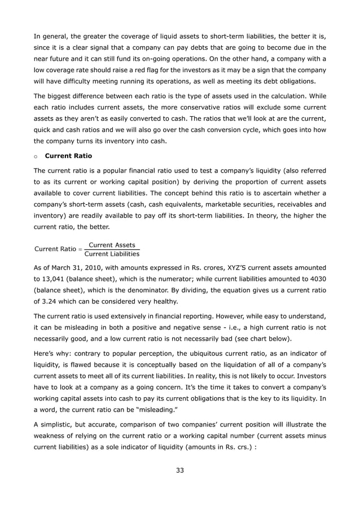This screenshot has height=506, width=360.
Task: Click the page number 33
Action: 180,470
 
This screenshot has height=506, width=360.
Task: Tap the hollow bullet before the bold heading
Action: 36,156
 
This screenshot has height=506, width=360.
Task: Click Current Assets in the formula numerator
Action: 112,245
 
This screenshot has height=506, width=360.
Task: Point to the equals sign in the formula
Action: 80,249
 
